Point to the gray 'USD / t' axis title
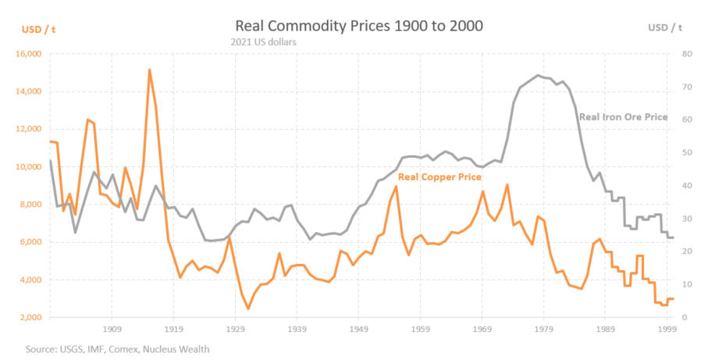click(665, 28)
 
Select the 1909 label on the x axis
click(112, 330)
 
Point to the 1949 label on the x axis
click(359, 330)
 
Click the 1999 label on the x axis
click(666, 330)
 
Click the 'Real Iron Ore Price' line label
click(623, 117)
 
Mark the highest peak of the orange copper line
click(149, 70)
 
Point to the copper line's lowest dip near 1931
click(248, 308)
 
